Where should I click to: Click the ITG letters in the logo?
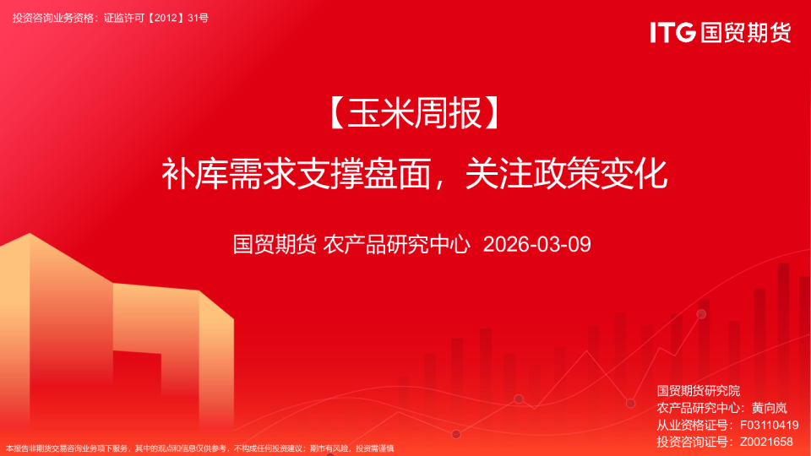point(673,32)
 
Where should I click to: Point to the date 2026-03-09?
point(536,245)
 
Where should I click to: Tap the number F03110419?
point(769,425)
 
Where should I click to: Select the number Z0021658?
point(766,442)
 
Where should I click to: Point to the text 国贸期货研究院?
point(698,391)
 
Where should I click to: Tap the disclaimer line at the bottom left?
point(200,448)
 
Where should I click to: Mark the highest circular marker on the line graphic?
point(701,314)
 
